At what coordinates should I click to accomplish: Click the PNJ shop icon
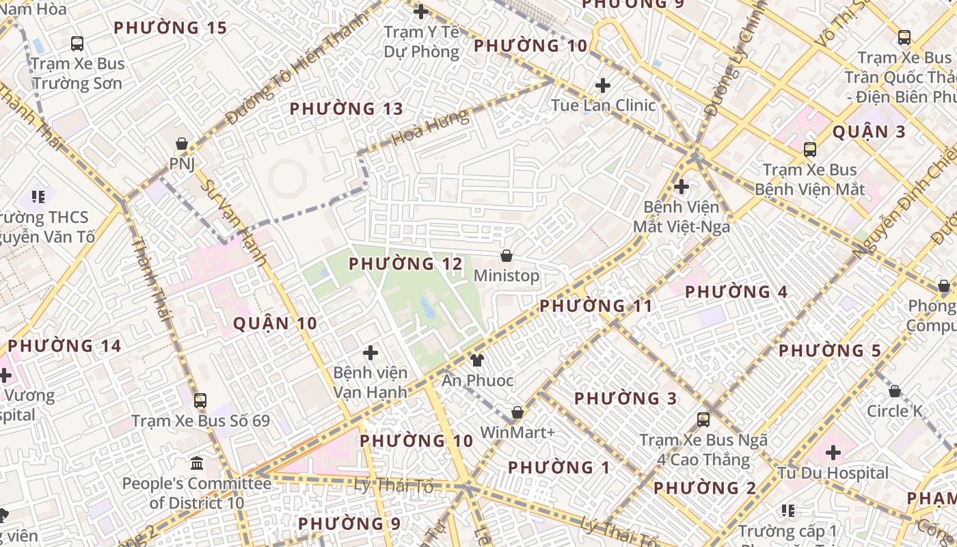182,144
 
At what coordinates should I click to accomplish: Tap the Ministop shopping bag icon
507,256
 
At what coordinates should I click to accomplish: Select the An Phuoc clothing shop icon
477,360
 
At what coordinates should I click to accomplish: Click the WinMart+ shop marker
517,412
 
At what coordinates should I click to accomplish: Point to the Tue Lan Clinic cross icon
603,85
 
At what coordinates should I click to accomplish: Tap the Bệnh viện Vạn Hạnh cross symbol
370,353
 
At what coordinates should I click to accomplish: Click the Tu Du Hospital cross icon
833,453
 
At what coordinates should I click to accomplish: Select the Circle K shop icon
895,391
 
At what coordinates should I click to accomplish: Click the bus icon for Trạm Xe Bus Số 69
200,401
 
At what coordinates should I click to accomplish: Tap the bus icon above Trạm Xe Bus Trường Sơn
77,44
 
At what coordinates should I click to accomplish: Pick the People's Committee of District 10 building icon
197,464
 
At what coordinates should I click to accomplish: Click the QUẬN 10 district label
275,323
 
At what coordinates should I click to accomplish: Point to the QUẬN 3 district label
869,132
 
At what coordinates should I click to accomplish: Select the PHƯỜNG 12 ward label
405,264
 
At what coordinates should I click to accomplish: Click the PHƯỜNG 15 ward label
170,28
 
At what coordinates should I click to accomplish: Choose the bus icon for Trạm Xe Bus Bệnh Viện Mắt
810,149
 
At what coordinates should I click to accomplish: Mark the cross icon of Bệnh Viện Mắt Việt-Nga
682,186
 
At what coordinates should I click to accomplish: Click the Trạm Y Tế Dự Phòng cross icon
421,12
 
